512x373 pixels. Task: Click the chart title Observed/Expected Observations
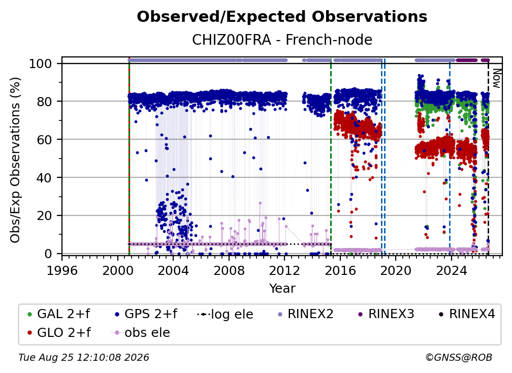[x=282, y=17]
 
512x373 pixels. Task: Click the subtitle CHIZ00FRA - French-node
[x=282, y=40]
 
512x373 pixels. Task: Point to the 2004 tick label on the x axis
[x=173, y=271]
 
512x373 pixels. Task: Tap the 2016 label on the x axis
[x=340, y=271]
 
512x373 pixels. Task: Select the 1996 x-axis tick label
[x=62, y=271]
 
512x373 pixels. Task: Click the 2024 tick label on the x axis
[x=452, y=271]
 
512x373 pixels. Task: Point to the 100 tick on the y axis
[x=41, y=64]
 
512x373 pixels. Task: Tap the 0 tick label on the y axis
[x=48, y=254]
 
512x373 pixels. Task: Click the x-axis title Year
[x=282, y=289]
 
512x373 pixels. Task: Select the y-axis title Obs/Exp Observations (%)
[x=15, y=160]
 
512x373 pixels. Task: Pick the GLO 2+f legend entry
[x=59, y=333]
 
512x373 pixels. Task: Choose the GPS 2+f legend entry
[x=146, y=314]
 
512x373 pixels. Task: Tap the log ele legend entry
[x=226, y=314]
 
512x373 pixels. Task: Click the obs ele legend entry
[x=141, y=333]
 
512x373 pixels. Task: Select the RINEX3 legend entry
[x=386, y=314]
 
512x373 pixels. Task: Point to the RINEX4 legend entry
[x=467, y=314]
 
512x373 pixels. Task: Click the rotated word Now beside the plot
[x=497, y=78]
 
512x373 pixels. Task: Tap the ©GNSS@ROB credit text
[x=459, y=358]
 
